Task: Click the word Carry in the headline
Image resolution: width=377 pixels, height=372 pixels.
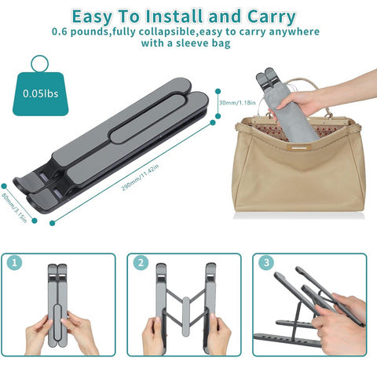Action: (x=271, y=16)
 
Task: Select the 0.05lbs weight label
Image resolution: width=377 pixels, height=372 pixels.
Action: (x=41, y=93)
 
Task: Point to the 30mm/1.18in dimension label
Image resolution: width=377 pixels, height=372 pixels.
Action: (x=237, y=103)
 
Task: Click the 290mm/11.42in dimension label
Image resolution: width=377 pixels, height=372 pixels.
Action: (x=140, y=177)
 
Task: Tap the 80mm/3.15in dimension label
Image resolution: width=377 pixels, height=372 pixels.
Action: (x=14, y=207)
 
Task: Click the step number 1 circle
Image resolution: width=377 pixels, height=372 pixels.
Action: (x=14, y=263)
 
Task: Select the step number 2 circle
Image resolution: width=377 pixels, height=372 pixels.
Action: (x=141, y=263)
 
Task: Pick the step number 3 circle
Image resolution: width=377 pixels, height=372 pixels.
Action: (x=266, y=263)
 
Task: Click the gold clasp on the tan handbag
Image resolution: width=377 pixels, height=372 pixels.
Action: (x=299, y=148)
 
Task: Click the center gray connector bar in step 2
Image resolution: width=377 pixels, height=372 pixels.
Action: (x=185, y=316)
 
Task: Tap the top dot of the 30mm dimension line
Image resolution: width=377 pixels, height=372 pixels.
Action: (x=218, y=91)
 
